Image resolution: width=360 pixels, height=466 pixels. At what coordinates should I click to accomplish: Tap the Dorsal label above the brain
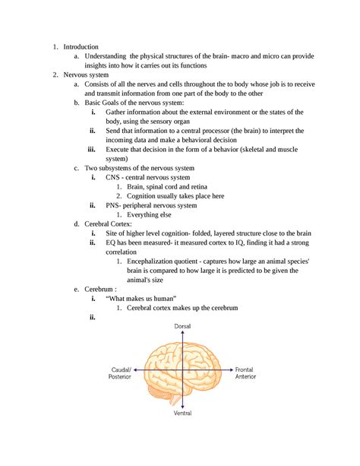tap(182, 325)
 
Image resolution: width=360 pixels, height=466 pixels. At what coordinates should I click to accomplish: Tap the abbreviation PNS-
tap(115, 205)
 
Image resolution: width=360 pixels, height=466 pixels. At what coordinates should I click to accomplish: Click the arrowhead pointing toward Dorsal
tap(182, 333)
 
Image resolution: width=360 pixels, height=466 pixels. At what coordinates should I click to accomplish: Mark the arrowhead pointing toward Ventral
tap(182, 407)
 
